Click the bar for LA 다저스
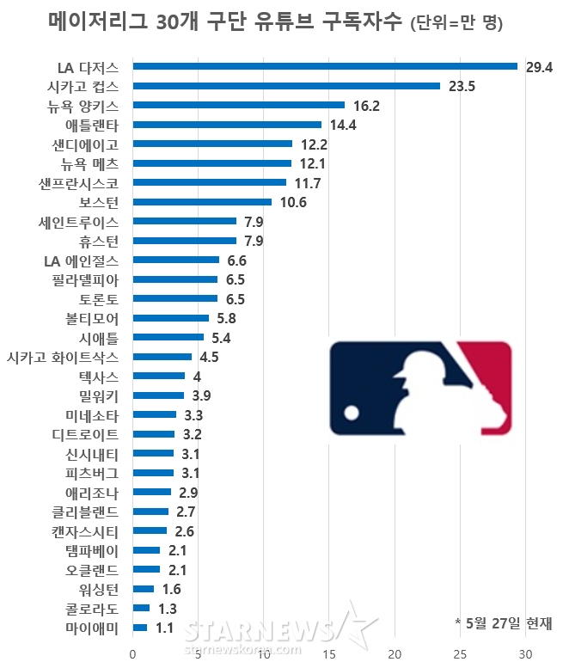click(x=325, y=66)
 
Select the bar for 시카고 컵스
click(x=286, y=86)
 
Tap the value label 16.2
click(x=366, y=106)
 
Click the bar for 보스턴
click(x=202, y=202)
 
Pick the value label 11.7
click(x=307, y=183)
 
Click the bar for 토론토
click(x=175, y=299)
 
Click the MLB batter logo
click(x=420, y=385)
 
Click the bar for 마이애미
click(x=140, y=628)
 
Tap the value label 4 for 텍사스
click(x=197, y=377)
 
